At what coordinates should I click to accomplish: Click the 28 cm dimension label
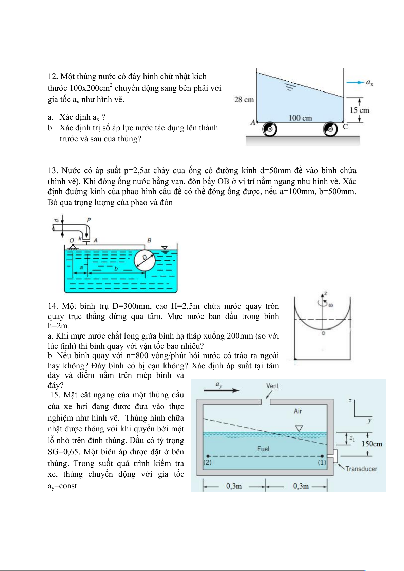coord(244,100)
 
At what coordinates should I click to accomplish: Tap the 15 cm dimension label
coord(359,110)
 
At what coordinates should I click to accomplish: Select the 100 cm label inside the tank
coord(300,118)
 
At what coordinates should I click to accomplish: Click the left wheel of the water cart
coord(270,129)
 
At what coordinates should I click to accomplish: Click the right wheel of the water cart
coord(330,129)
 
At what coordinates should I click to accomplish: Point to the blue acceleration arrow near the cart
coord(355,82)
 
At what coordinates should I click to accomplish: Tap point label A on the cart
coord(253,122)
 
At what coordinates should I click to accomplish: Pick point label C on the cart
coord(345,127)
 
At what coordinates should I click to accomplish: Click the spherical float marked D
coord(145,261)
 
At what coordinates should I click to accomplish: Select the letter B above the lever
coord(149,240)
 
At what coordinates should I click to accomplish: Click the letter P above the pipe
coord(89,220)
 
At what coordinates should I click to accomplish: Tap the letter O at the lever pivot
coord(72,240)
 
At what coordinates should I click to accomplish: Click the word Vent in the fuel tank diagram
coord(272,386)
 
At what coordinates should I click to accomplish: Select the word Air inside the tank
coord(297,411)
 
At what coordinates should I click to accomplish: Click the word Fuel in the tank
coord(263,449)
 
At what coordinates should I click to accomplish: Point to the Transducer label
coord(361,469)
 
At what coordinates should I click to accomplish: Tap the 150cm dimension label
coord(371,444)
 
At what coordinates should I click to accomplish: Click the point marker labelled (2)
coord(208,456)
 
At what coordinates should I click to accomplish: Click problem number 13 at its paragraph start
coord(53,170)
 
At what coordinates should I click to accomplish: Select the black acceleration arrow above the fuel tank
coord(222,390)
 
